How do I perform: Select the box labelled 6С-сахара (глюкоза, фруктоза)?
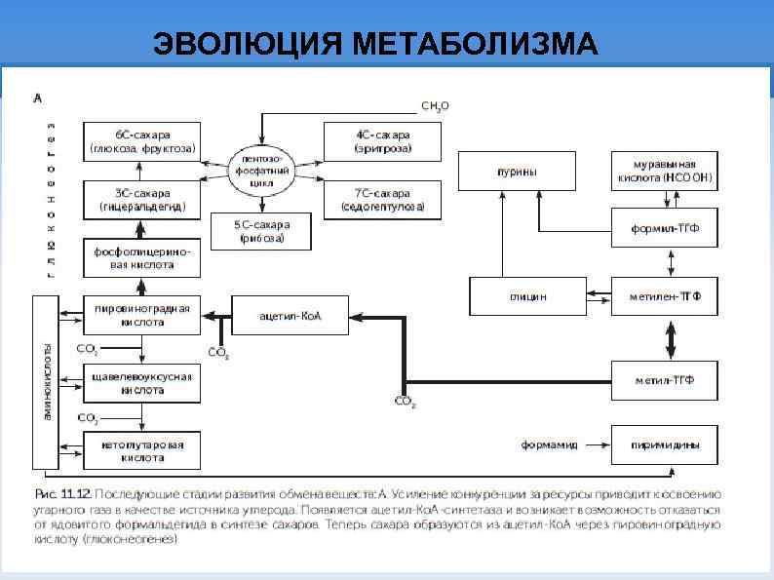pyautogui.click(x=143, y=141)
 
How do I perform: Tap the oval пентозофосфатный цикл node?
pyautogui.click(x=261, y=170)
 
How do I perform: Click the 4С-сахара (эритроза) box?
pyautogui.click(x=381, y=141)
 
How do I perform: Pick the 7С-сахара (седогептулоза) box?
pyautogui.click(x=381, y=199)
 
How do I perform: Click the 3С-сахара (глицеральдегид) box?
pyautogui.click(x=143, y=199)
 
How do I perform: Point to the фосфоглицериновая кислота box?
pyautogui.click(x=143, y=257)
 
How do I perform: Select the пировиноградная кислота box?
pyautogui.click(x=143, y=315)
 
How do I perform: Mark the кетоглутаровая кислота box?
pyautogui.click(x=143, y=449)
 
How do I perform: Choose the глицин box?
pyautogui.click(x=526, y=296)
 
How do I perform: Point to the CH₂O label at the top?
pyautogui.click(x=435, y=105)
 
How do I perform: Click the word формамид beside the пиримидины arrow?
pyautogui.click(x=549, y=445)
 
